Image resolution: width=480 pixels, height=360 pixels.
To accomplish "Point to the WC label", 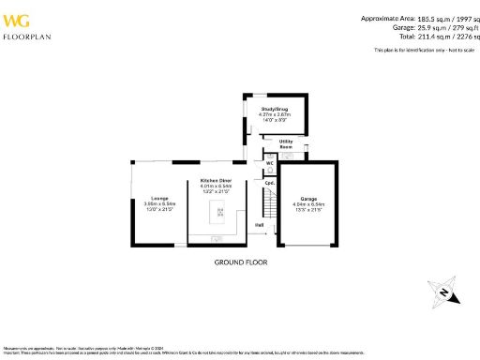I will point(269,162).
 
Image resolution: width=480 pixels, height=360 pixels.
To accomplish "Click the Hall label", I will point(259,224).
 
